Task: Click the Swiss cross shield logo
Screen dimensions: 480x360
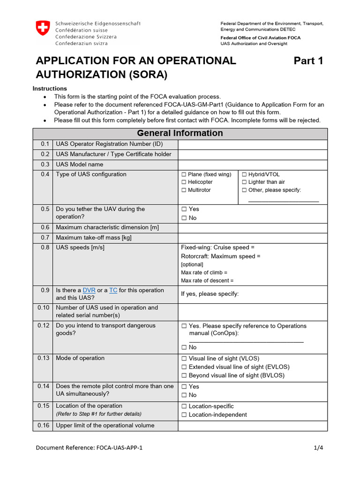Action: (42, 28)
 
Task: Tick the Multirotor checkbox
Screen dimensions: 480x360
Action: (184, 190)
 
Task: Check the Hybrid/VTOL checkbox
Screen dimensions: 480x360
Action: (244, 174)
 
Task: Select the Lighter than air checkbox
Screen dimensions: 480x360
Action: (244, 182)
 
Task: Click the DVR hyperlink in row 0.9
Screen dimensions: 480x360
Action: (89, 291)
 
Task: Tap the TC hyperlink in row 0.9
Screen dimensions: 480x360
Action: (113, 291)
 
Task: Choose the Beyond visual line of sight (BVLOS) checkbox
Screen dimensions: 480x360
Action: (185, 375)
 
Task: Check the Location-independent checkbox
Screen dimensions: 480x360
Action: (185, 415)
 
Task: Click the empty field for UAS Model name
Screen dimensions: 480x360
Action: (252, 165)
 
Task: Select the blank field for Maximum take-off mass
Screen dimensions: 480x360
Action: (252, 238)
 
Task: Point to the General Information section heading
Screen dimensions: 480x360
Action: (180, 133)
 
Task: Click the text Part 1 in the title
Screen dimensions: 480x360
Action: (308, 61)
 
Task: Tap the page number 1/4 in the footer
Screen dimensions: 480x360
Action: (318, 448)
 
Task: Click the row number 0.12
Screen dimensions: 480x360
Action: (43, 326)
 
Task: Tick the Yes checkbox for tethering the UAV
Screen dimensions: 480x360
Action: (185, 210)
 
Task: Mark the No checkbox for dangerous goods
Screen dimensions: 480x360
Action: (185, 348)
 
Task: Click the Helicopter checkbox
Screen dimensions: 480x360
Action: (184, 182)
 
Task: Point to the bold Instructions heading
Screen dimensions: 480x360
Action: (50, 89)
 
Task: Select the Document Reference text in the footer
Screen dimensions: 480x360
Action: (89, 448)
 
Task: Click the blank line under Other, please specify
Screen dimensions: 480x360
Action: (283, 201)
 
